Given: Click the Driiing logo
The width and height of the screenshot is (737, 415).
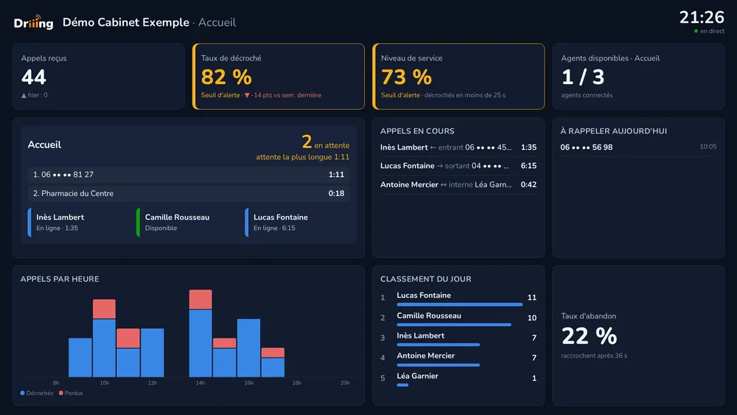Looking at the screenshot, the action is click(x=33, y=22).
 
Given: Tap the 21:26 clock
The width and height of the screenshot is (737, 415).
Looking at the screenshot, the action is click(x=702, y=18).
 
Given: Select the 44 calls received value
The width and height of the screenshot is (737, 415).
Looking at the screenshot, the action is click(x=33, y=77).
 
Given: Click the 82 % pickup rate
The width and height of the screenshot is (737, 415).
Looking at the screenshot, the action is click(x=226, y=77).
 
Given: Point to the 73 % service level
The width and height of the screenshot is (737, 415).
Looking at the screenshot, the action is click(x=406, y=77).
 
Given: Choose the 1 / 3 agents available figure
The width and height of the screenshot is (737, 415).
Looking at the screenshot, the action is click(x=582, y=77).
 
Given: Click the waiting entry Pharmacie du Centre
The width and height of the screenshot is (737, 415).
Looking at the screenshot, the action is click(x=77, y=193).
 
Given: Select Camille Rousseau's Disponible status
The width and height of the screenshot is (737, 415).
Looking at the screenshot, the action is click(x=161, y=228).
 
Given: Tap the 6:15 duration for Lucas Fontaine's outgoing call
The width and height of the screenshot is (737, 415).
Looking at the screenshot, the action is click(x=528, y=166).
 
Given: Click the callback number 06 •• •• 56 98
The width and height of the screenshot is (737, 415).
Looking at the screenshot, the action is click(x=586, y=147).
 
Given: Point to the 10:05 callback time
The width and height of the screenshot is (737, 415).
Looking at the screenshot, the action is click(x=708, y=147).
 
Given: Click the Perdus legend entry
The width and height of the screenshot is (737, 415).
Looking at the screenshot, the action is click(x=71, y=393).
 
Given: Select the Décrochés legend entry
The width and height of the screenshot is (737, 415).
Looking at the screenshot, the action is click(x=37, y=393).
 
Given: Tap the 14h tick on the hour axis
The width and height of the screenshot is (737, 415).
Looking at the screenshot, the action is click(x=200, y=383).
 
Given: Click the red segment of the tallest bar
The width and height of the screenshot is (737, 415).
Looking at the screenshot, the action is click(x=200, y=299).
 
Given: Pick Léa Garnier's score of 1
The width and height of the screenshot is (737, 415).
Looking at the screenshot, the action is click(x=534, y=378).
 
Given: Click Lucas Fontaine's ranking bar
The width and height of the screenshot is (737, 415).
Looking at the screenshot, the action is click(x=460, y=304).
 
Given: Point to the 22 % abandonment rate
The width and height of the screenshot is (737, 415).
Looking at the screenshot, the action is click(x=589, y=336).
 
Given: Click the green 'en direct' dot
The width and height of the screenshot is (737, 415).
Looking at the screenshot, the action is click(x=696, y=31).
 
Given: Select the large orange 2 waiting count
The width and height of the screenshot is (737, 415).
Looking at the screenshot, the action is click(x=307, y=142).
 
